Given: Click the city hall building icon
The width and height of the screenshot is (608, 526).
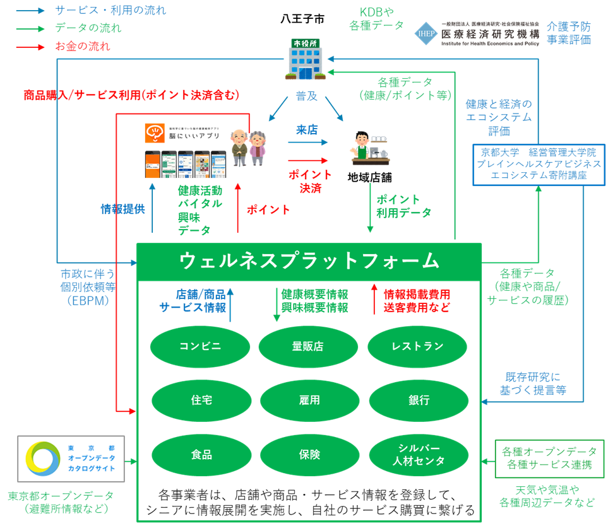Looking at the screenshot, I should [306, 61].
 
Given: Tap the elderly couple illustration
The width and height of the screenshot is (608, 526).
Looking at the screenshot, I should [248, 147].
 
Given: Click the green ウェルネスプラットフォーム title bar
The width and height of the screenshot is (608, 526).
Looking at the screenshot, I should [309, 260].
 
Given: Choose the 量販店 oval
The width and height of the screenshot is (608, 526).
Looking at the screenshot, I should [309, 346].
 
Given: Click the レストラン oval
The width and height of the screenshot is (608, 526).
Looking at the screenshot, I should [417, 346].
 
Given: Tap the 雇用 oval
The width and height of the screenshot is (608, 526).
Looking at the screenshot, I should [309, 400].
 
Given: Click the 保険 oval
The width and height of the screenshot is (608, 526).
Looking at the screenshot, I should [309, 455].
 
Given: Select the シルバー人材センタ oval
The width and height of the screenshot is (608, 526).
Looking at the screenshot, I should [417, 455].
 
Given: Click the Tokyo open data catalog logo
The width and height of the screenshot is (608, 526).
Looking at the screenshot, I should [71, 459].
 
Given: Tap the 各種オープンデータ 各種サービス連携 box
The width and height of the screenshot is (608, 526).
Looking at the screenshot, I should [549, 459].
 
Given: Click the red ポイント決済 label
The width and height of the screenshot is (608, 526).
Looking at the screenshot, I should [309, 182].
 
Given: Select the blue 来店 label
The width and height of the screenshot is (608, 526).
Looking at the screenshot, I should [307, 130].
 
